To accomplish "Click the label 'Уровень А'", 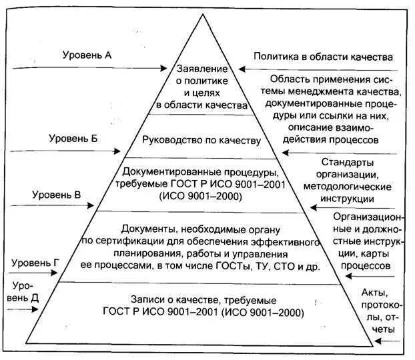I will [x=87, y=55].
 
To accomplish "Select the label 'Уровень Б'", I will [x=73, y=138].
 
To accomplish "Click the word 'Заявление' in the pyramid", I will [x=202, y=69].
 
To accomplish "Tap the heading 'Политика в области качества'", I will [x=323, y=57].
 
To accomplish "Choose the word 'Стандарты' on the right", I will [x=348, y=163].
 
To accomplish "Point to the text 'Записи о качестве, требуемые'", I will [x=202, y=299].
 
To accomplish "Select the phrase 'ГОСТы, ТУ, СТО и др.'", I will [x=274, y=265].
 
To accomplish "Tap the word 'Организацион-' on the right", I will [x=368, y=218].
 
